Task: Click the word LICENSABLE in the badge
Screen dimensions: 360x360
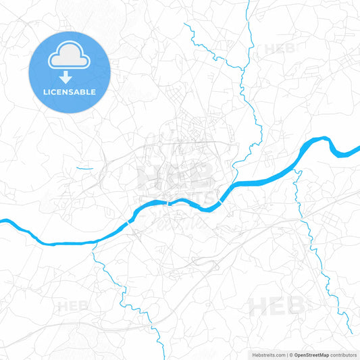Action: point(70,92)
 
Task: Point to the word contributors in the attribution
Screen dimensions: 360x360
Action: point(342,354)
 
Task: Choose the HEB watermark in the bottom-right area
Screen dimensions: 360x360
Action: point(276,306)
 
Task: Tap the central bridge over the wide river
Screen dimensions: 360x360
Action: point(167,201)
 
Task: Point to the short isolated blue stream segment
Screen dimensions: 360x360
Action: point(84,168)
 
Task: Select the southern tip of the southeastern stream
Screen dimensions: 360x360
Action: point(350,332)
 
